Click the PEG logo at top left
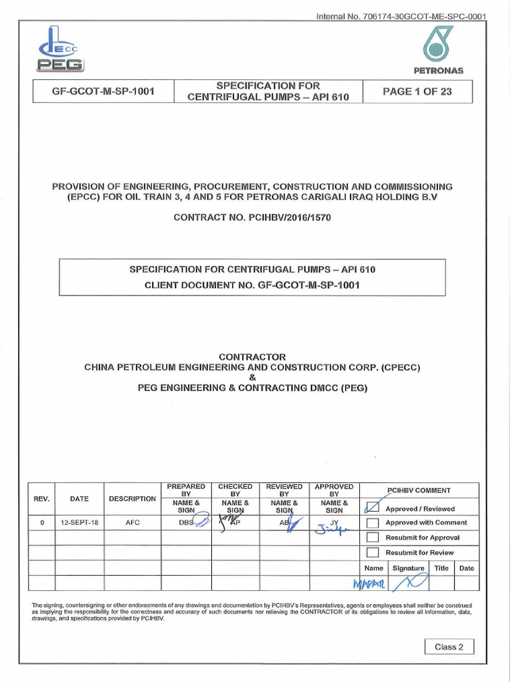60,50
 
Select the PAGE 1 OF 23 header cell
417,92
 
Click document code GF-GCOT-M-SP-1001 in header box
103,92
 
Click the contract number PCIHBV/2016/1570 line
252,217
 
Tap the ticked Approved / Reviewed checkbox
373,508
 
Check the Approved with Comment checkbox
373,523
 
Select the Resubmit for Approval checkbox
373,538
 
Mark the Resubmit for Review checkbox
373,552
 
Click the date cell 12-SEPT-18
79,522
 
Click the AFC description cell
132,522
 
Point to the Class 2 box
449,646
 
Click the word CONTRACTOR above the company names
252,357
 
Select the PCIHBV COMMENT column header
419,490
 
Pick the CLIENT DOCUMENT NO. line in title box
252,285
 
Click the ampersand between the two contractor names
252,378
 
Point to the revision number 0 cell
41,522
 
